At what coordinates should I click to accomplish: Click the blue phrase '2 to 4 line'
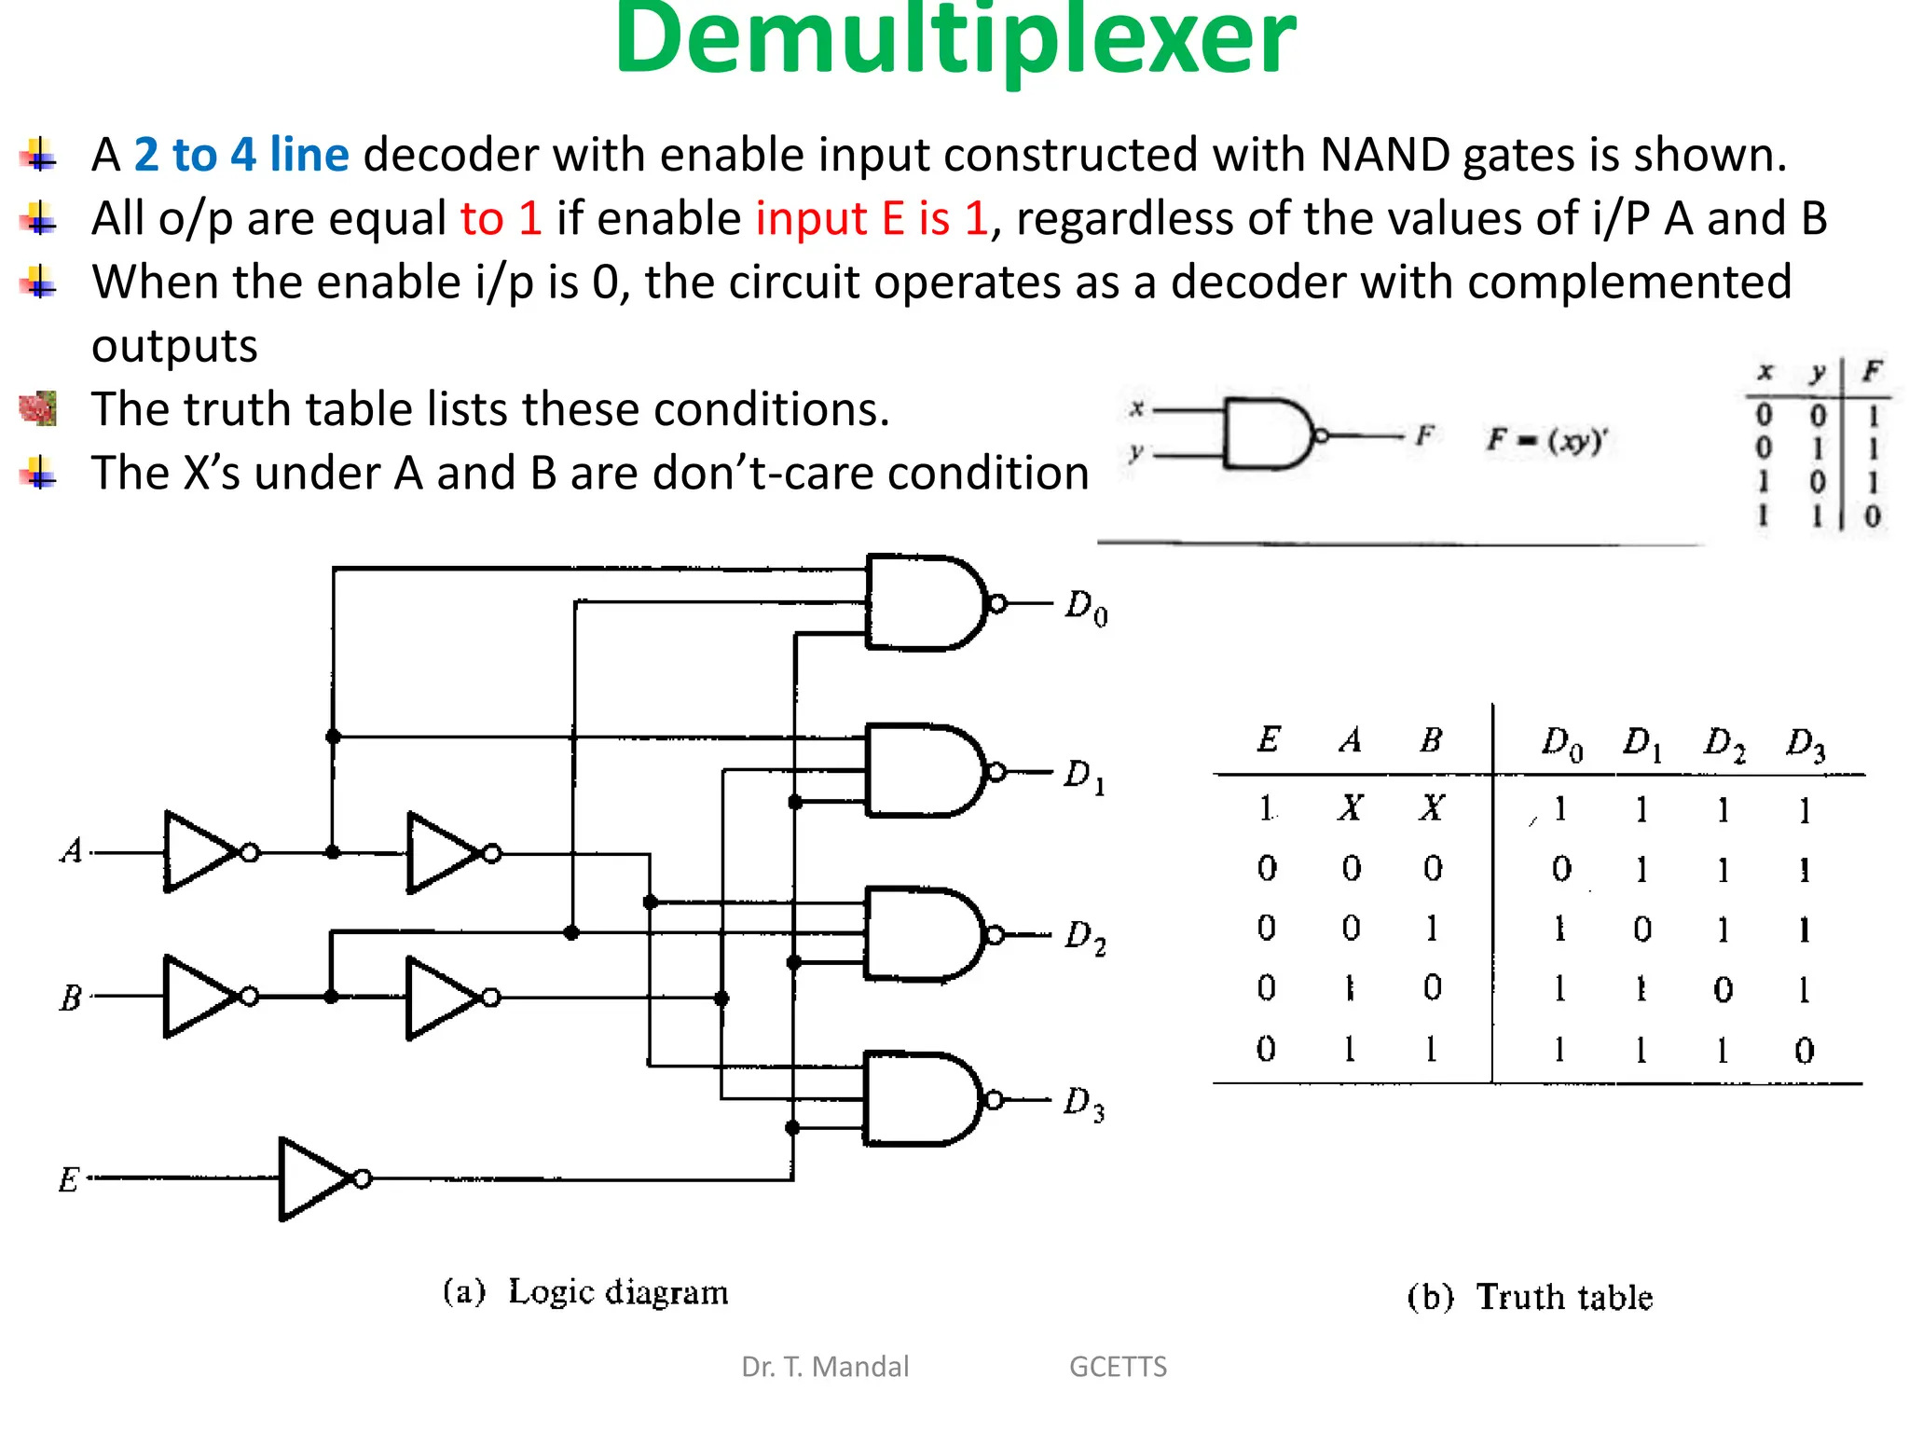[241, 155]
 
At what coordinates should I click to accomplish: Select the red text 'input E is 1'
[871, 219]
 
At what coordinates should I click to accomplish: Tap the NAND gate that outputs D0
[923, 603]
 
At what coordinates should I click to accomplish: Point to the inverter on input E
[317, 1179]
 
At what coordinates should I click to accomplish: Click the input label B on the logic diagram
[71, 998]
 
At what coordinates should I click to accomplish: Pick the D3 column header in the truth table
[1805, 745]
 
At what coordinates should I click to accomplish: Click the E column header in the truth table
[1268, 740]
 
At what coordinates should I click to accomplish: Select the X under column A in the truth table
[1350, 807]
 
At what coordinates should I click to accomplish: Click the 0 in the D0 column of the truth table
[1561, 869]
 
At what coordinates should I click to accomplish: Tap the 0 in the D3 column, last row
[1805, 1052]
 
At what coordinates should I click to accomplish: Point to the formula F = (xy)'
[1547, 439]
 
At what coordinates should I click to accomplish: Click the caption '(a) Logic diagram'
[585, 1293]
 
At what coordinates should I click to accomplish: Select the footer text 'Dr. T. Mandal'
[824, 1367]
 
